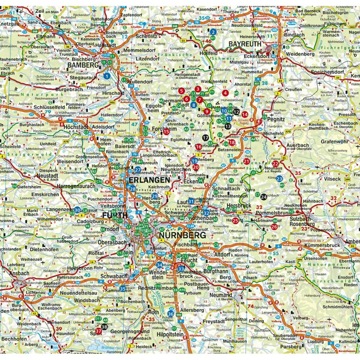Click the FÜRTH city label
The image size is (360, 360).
[115, 215]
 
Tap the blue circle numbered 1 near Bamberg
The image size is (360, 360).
[107, 76]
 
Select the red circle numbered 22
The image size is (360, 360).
[275, 163]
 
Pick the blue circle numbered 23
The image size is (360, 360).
[279, 179]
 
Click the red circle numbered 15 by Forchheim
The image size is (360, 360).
[167, 131]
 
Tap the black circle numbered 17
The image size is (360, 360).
[206, 138]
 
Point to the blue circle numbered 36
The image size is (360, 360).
[171, 314]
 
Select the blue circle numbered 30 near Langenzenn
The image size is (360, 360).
[77, 210]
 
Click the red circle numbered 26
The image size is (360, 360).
[274, 226]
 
